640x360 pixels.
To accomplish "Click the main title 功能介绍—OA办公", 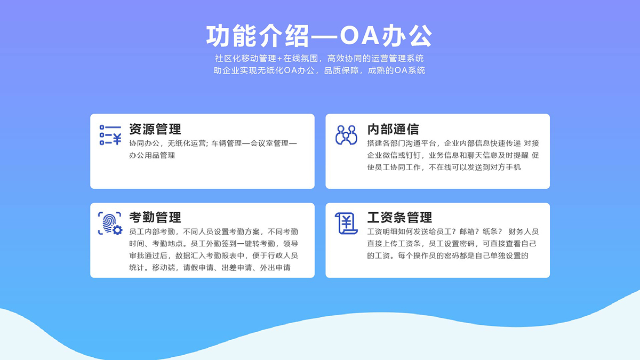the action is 319,36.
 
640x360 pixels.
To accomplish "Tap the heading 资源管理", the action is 155,129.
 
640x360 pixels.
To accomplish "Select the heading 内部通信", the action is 393,129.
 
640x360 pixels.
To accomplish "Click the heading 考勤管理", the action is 155,218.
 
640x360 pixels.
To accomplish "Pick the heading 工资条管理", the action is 399,218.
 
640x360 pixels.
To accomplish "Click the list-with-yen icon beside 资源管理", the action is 110,135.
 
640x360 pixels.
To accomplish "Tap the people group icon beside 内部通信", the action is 346,135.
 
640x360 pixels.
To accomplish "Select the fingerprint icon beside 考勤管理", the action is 110,223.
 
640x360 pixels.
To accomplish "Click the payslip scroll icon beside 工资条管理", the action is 346,223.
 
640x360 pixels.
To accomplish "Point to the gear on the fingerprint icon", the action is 117,230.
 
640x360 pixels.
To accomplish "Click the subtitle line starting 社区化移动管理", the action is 319,58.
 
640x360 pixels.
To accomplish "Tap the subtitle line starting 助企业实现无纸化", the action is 319,70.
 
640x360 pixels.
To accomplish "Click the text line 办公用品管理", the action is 152,155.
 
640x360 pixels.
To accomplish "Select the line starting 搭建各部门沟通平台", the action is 453,143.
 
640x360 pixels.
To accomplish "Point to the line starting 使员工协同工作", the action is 444,167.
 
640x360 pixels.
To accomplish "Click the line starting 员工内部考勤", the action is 213,231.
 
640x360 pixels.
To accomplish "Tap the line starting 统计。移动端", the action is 210,268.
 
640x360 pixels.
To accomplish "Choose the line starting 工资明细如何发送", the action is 453,231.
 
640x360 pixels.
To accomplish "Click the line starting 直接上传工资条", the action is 452,243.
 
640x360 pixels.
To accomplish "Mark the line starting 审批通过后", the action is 213,255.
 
